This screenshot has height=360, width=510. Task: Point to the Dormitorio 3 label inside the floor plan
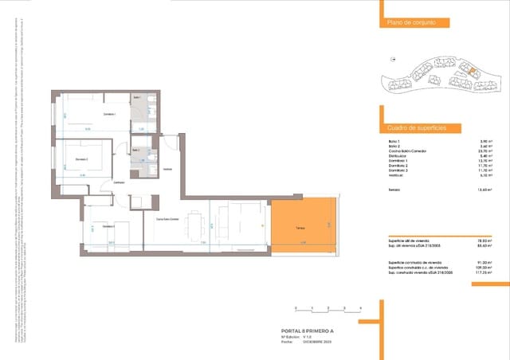(108, 227)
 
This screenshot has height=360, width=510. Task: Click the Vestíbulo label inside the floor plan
(167, 170)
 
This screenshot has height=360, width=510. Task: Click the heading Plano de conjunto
(411, 23)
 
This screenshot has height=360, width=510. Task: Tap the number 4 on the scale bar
(361, 307)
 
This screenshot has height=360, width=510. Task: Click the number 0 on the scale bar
(296, 307)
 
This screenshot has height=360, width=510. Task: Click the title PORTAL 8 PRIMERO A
(308, 331)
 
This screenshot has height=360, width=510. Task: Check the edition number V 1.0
(308, 337)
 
